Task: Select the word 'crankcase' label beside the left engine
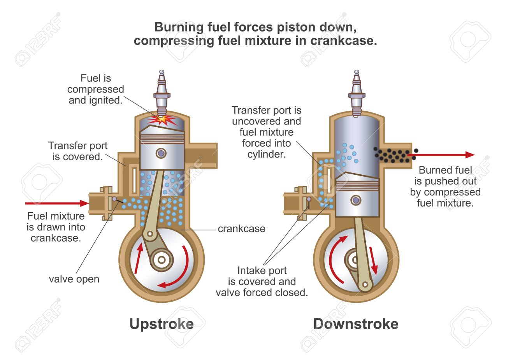point(241,229)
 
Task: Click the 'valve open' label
point(74,279)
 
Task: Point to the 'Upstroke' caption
point(162,324)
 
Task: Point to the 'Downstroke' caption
point(356,324)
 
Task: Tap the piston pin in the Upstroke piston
point(161,153)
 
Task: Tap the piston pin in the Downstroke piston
point(355,200)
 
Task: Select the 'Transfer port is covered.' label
point(78,151)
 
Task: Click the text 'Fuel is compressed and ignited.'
point(96,89)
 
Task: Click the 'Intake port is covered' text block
point(262,281)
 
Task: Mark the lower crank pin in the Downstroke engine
point(365,284)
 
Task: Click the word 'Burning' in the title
point(179,27)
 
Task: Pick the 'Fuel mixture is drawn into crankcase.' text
point(56,227)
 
